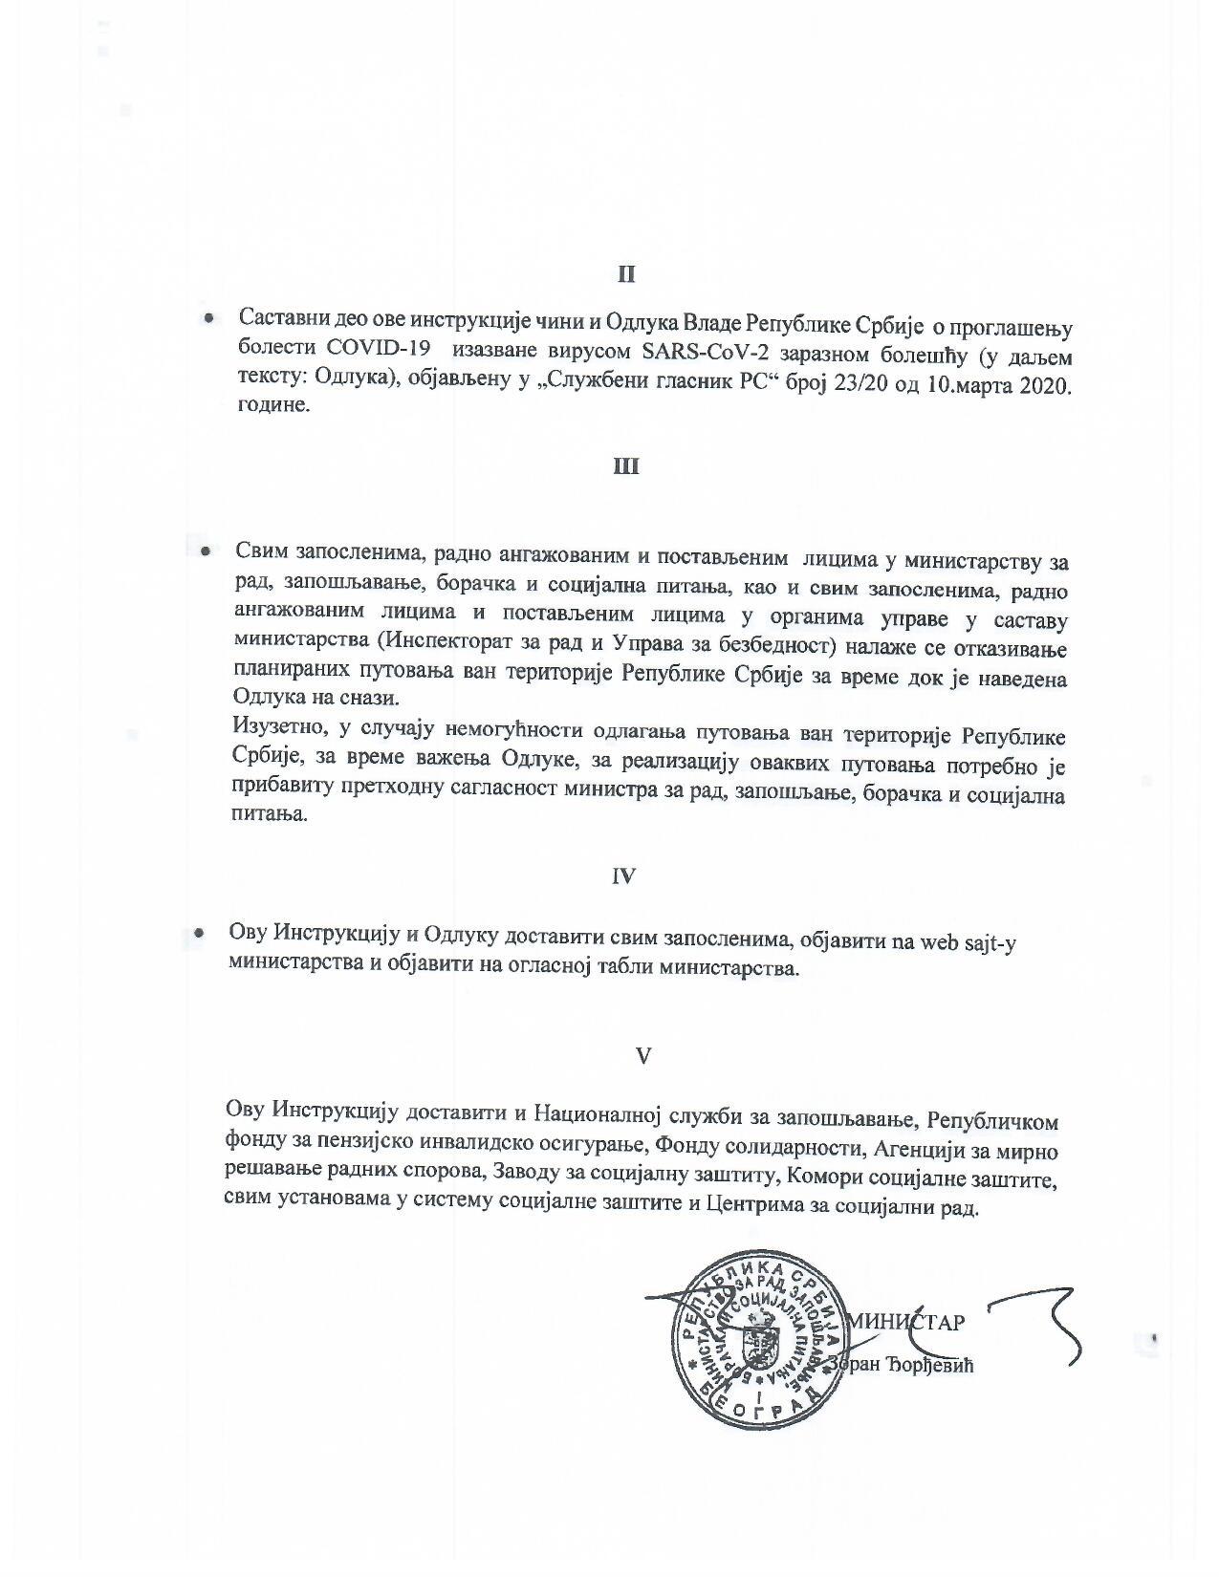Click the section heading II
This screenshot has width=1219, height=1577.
point(625,274)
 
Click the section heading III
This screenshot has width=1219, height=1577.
point(625,467)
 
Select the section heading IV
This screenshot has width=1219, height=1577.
point(623,875)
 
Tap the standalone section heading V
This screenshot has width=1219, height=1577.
point(643,1055)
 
